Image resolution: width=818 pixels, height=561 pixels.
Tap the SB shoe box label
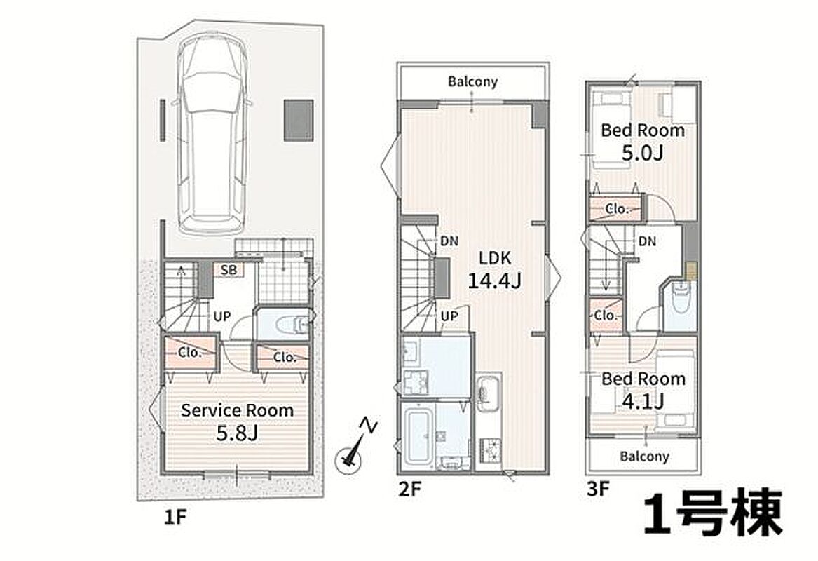coord(229,270)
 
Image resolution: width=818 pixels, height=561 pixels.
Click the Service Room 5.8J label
coord(238,421)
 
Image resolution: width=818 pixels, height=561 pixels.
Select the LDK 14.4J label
coord(495,269)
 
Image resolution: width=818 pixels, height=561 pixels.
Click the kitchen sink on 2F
coord(489,393)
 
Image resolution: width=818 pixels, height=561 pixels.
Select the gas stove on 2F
coord(489,450)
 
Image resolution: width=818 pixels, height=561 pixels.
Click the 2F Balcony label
coord(472,81)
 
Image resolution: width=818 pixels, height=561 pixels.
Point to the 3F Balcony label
coord(644,456)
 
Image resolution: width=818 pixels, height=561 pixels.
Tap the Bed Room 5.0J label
coord(643,141)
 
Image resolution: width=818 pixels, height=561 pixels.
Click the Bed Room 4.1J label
coord(643,389)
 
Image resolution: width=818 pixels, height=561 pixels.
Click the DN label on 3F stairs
coord(648,241)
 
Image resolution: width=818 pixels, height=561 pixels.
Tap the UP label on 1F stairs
coord(221,316)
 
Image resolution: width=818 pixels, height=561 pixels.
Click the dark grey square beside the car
coord(299,120)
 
